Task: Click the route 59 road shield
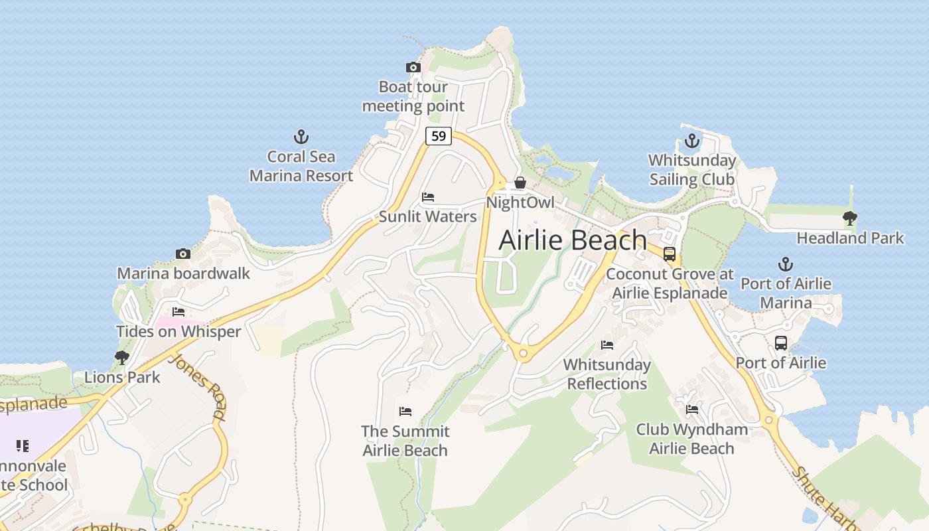[438, 136]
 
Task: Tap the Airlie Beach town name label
[573, 240]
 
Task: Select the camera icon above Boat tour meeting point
[413, 67]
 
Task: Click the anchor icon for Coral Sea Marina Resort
[301, 137]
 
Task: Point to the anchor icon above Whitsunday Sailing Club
[692, 141]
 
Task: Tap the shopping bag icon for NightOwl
[520, 183]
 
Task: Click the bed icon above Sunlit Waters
[428, 197]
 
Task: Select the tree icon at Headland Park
[849, 218]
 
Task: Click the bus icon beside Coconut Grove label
[670, 254]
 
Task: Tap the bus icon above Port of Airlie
[781, 343]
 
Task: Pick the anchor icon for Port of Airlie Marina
[786, 264]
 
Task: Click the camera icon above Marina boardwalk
[183, 254]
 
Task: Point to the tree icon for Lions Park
[121, 358]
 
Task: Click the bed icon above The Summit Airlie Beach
[405, 412]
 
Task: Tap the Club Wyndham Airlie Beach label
[691, 439]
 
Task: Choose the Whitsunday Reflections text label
[607, 374]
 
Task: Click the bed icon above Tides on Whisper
[179, 311]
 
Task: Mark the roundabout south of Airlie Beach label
[523, 354]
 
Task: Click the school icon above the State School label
[23, 446]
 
